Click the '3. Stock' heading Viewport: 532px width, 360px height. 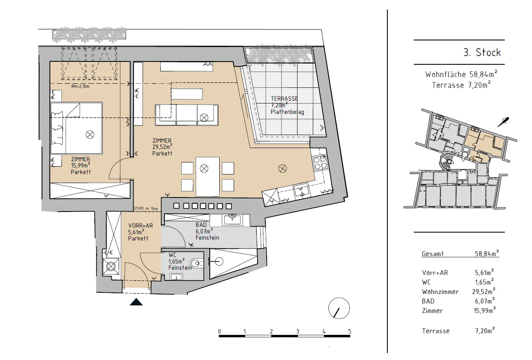pos(482,52)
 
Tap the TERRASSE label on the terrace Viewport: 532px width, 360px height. pos(284,99)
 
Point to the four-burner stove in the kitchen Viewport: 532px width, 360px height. pos(320,163)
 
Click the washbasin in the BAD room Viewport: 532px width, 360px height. pos(232,220)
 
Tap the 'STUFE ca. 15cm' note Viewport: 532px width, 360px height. pos(146,208)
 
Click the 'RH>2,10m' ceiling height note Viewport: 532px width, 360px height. pos(80,87)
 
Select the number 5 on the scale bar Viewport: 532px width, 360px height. pos(349,331)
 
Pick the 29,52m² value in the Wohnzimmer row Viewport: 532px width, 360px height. pos(484,291)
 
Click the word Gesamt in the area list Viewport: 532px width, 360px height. pos(433,254)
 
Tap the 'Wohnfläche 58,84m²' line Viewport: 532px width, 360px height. pos(461,74)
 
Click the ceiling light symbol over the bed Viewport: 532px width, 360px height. pos(90,135)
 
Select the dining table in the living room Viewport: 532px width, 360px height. pos(208,176)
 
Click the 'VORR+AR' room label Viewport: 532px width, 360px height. pos(141,226)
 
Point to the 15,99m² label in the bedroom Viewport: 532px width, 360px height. pos(81,165)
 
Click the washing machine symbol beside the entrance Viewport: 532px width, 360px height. pos(111,266)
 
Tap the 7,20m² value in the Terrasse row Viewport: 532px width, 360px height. pos(485,331)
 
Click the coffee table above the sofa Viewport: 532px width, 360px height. pos(187,94)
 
